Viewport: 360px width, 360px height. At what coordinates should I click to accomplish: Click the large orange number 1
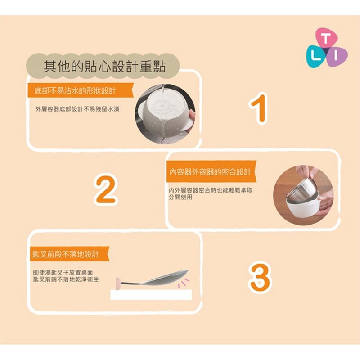259,108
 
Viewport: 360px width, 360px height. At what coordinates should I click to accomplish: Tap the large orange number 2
106,189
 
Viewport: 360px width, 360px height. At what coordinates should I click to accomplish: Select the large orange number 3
260,277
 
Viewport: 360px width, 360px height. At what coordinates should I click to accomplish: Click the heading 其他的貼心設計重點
104,67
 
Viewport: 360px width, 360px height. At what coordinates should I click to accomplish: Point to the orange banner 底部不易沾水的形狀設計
81,90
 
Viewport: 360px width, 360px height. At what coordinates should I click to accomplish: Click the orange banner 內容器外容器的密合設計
211,171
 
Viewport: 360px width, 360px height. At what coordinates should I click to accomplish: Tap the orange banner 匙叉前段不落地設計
69,254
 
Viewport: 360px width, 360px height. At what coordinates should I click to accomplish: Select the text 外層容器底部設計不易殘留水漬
77,109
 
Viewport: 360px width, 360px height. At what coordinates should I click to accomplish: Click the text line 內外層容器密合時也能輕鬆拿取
211,190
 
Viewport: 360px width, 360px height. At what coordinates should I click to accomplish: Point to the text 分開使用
180,197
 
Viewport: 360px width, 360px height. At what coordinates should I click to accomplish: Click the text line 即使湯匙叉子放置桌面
63,273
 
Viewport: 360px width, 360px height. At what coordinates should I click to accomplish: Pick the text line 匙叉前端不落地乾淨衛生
66,279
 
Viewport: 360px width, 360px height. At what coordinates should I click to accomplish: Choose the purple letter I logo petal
336,57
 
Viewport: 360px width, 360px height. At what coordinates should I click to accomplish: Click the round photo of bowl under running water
165,114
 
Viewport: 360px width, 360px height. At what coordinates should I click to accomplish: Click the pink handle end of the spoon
118,282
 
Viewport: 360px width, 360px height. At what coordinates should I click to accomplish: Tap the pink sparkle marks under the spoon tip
183,283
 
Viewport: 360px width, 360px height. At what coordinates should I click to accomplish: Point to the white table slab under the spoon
151,295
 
